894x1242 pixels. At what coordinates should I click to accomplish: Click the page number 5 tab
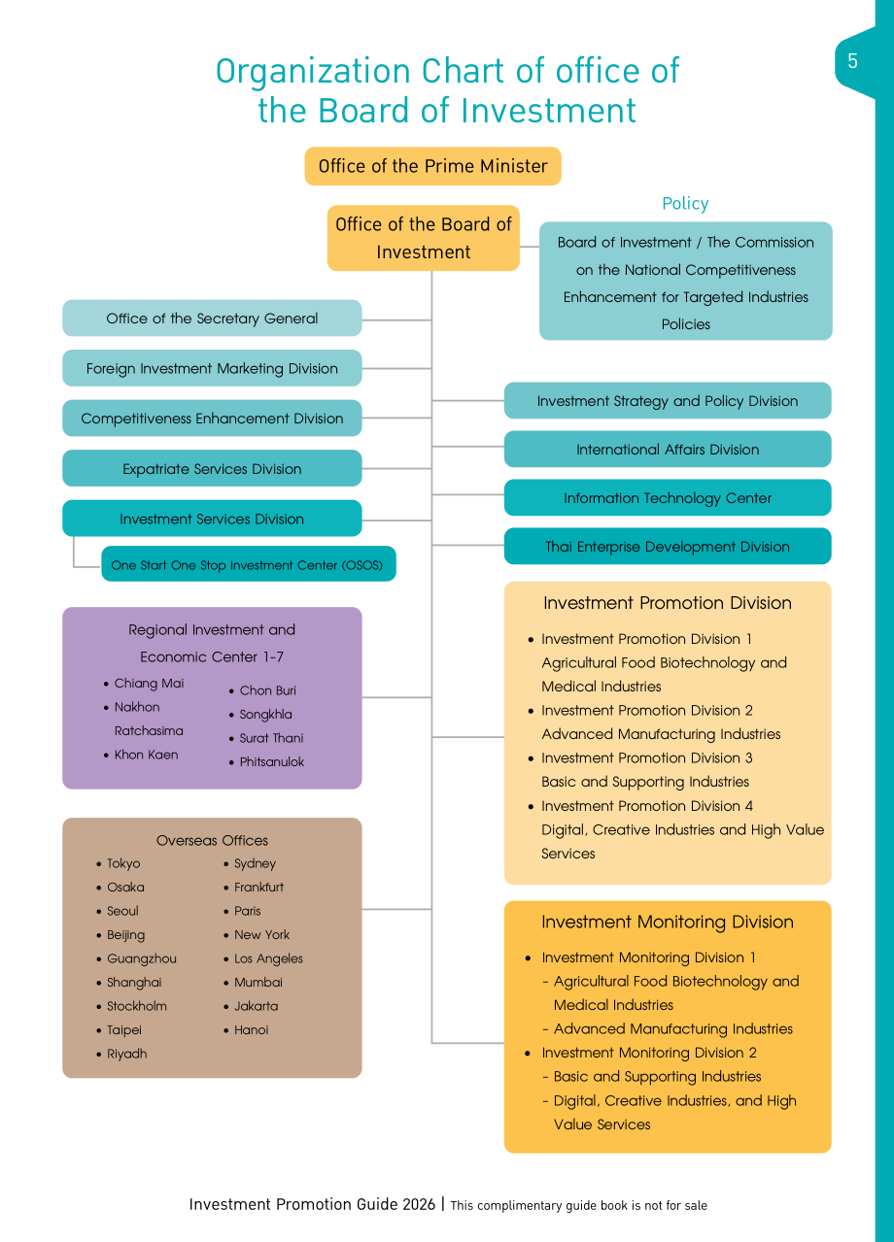tap(854, 61)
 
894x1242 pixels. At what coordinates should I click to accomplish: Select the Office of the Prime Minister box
tap(432, 166)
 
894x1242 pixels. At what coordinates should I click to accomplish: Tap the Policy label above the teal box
tap(685, 204)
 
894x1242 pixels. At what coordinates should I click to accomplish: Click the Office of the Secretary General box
tap(212, 319)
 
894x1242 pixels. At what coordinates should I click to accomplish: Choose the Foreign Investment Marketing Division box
tap(212, 368)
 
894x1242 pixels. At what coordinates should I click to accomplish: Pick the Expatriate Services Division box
tap(212, 468)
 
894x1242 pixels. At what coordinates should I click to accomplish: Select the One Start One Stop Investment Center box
tap(249, 564)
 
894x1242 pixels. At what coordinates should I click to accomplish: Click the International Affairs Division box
tap(668, 449)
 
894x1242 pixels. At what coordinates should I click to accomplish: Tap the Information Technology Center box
tap(668, 498)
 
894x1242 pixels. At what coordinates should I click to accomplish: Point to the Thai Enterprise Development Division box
tap(668, 546)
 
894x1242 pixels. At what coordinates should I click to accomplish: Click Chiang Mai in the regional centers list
tap(149, 684)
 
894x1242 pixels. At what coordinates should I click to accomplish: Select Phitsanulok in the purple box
tap(272, 762)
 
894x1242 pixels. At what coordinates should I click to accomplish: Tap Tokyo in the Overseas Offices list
tap(123, 863)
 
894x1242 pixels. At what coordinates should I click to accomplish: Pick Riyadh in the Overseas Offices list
tap(127, 1054)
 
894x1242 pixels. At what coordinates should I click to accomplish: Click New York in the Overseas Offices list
tap(262, 935)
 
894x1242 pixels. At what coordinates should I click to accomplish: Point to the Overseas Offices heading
tap(212, 840)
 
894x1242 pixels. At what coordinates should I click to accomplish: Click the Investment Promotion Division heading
tap(668, 603)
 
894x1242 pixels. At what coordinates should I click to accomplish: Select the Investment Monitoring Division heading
tap(668, 922)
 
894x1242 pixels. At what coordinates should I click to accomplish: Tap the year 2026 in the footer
tap(419, 1204)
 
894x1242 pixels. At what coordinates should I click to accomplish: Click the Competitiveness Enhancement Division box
tap(212, 419)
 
